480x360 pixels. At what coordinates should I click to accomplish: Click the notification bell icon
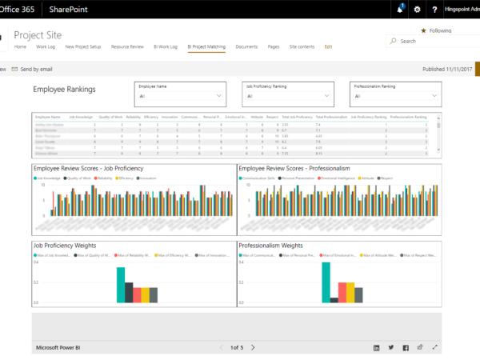[399, 10]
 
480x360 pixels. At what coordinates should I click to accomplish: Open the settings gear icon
[416, 10]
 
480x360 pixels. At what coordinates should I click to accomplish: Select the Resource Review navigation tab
[127, 47]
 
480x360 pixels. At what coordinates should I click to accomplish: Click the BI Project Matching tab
[206, 47]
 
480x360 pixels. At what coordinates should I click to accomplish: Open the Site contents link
[301, 47]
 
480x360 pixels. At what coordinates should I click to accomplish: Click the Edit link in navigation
[328, 47]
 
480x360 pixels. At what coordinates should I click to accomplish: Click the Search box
[432, 41]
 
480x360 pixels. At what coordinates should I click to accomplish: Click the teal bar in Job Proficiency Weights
[120, 285]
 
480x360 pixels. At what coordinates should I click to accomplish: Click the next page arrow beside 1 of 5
[253, 347]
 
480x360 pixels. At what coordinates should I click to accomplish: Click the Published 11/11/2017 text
[446, 70]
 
